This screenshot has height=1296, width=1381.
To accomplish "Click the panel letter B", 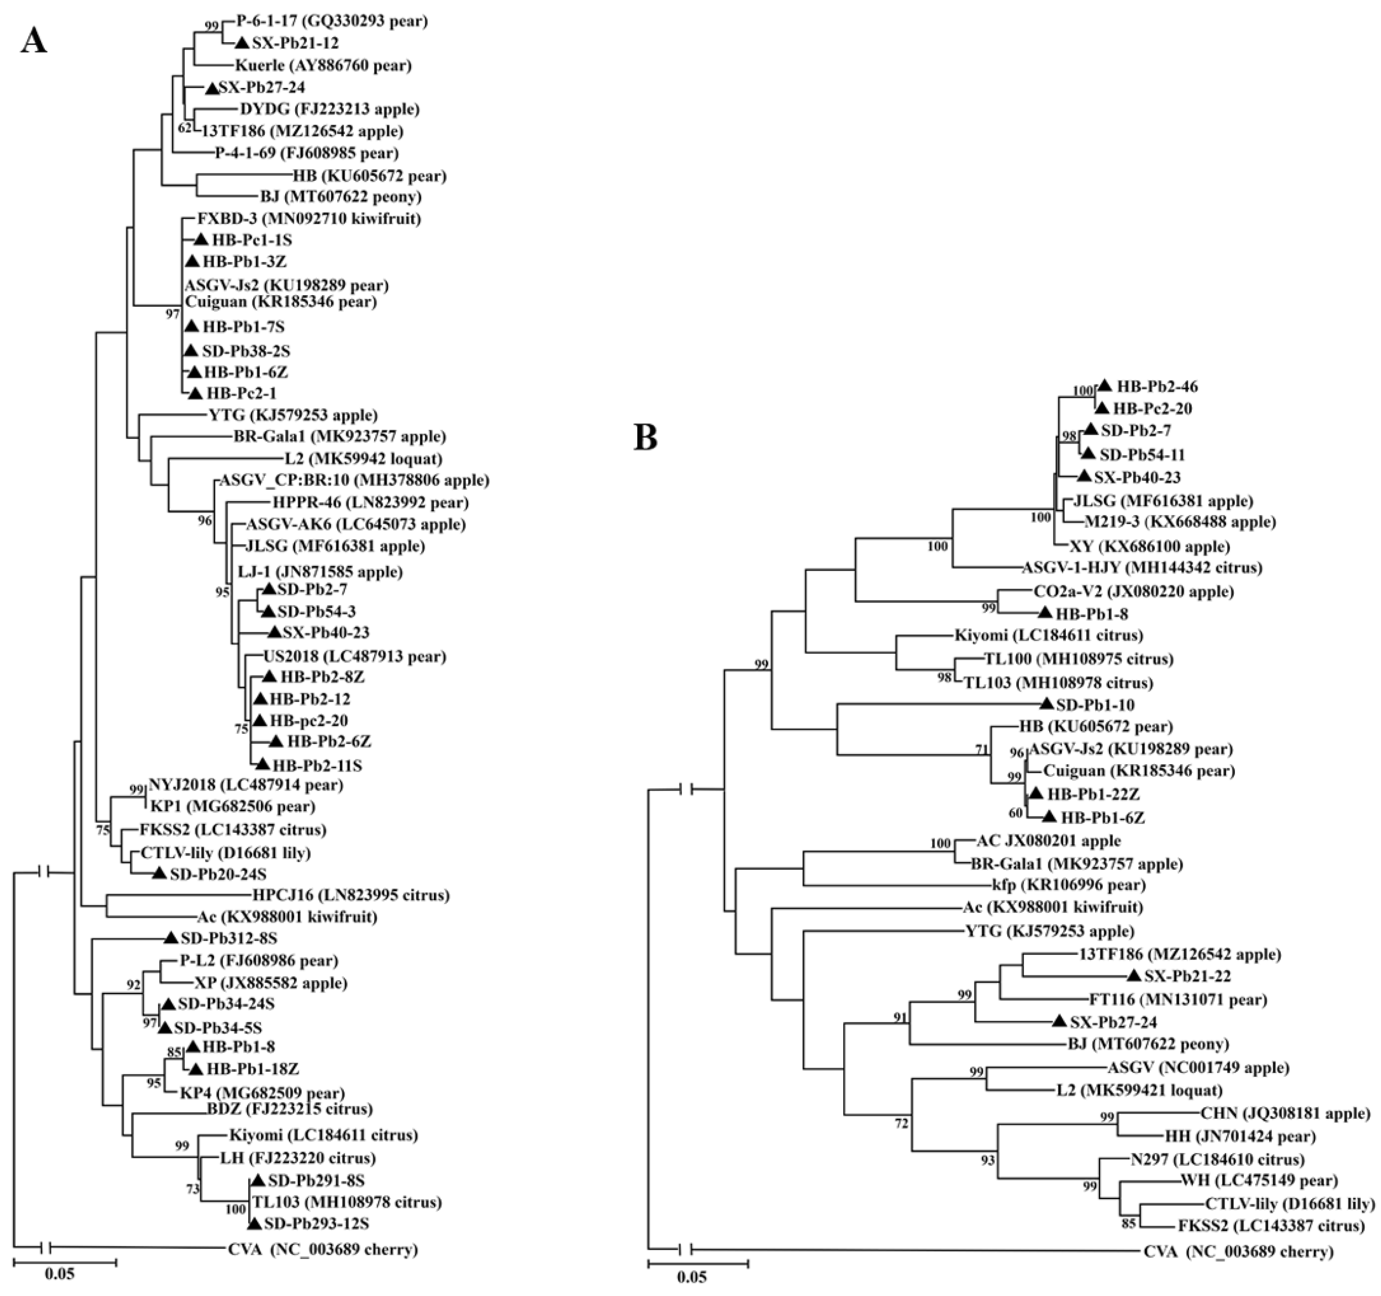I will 645,438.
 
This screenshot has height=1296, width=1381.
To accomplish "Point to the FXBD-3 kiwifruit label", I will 309,219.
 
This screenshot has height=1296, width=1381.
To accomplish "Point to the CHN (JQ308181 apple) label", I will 1285,1113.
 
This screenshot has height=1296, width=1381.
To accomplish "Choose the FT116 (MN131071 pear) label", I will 1178,1000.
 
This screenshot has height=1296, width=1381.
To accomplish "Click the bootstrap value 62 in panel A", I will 184,128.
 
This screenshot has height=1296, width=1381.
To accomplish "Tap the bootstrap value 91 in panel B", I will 901,1018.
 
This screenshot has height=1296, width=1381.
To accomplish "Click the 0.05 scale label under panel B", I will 692,1277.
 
